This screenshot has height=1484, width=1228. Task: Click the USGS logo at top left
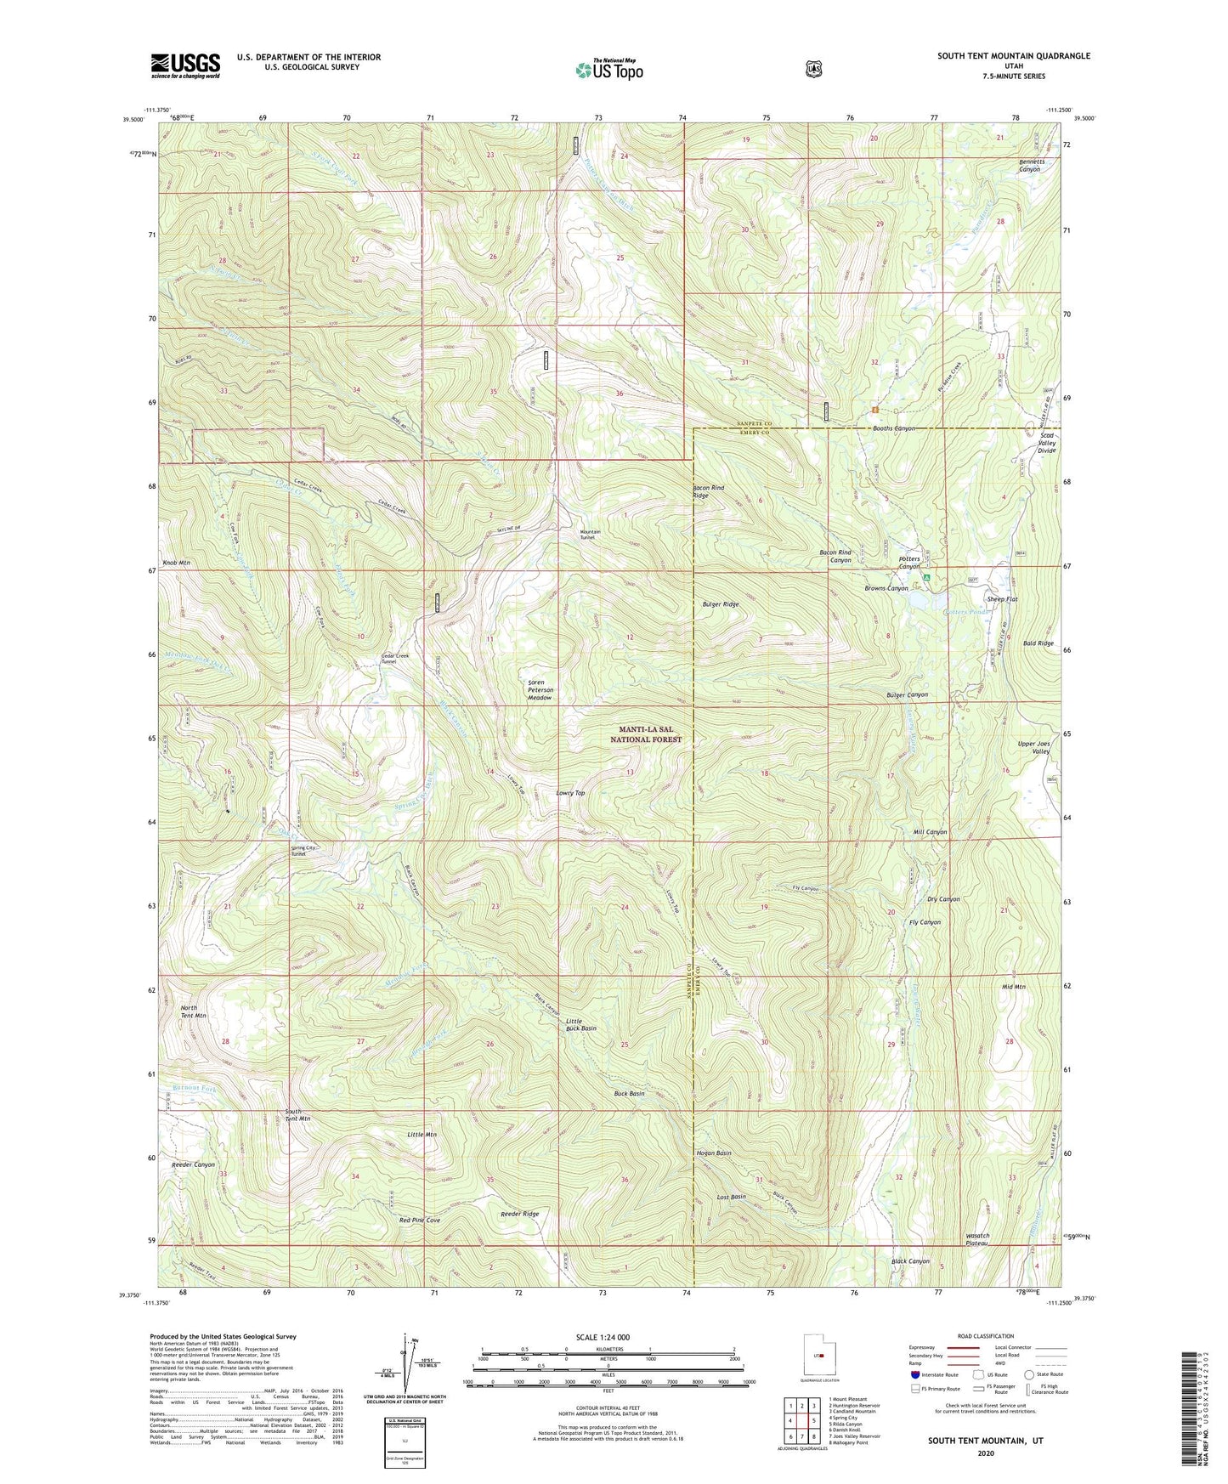pos(185,65)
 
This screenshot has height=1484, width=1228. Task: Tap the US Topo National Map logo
pos(608,70)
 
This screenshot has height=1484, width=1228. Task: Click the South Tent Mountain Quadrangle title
pos(1013,56)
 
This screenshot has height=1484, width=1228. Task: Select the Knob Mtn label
pos(175,564)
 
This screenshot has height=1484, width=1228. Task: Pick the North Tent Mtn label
pos(193,1011)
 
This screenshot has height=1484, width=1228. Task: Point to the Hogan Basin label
pos(713,1153)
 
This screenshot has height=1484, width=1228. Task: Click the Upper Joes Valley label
pos(1034,748)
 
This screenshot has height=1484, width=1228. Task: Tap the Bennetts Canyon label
pos(1029,165)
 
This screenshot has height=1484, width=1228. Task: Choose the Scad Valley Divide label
pos(1047,443)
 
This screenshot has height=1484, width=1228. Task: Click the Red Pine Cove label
pos(420,1221)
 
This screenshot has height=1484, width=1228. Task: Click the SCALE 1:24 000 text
pos(603,1337)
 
